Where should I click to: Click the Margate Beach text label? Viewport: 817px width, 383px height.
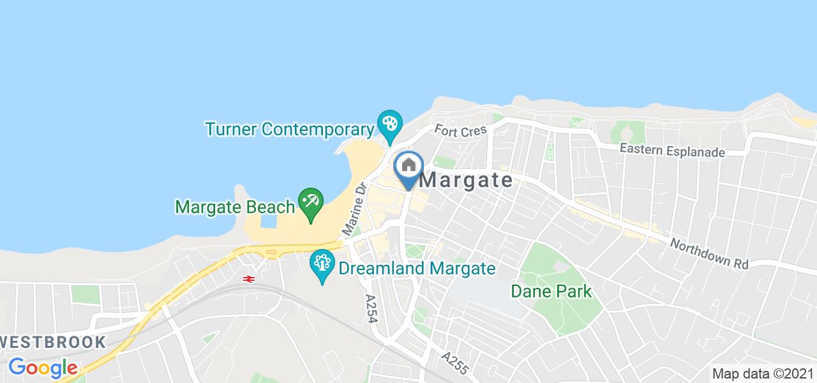(236, 207)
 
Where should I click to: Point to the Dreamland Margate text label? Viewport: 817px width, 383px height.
(417, 268)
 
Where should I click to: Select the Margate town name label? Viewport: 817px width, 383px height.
(467, 181)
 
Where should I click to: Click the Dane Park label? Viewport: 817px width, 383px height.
(551, 292)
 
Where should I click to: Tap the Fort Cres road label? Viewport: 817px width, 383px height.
(461, 130)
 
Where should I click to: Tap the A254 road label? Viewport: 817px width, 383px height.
(371, 309)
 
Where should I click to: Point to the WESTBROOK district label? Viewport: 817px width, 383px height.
(53, 342)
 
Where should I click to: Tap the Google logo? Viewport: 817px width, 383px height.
(43, 368)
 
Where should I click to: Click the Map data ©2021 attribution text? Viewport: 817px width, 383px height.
(762, 374)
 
